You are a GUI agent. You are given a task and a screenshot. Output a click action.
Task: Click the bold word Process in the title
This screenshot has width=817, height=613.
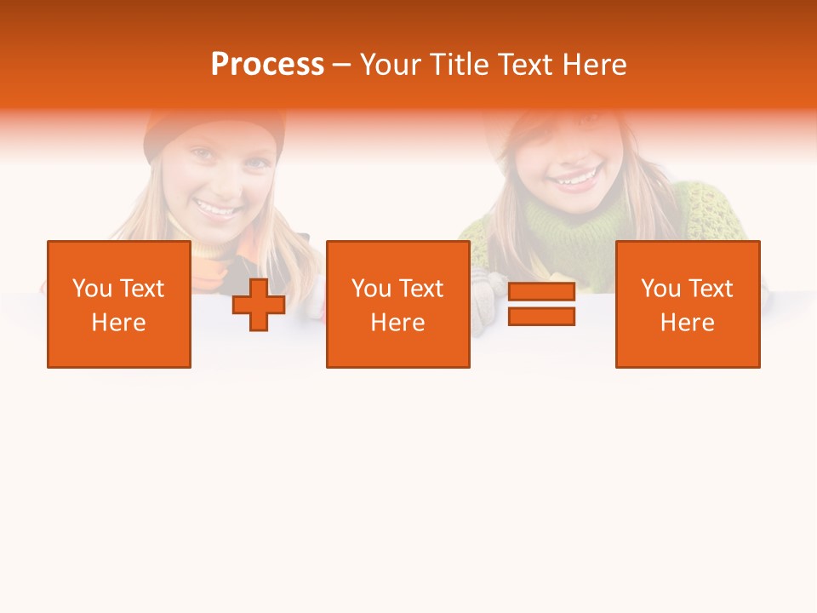(267, 65)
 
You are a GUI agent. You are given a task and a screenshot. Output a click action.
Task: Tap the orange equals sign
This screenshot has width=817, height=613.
(541, 305)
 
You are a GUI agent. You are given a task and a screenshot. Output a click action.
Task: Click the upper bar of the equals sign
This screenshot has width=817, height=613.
(541, 293)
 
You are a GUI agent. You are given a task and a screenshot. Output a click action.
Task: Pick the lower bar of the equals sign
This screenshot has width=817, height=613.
(541, 317)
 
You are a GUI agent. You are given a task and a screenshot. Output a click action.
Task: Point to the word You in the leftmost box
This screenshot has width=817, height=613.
(92, 289)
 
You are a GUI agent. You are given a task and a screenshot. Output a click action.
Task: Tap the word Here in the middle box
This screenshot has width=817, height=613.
(398, 323)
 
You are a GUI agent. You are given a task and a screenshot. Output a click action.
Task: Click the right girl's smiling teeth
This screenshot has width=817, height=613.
(575, 180)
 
